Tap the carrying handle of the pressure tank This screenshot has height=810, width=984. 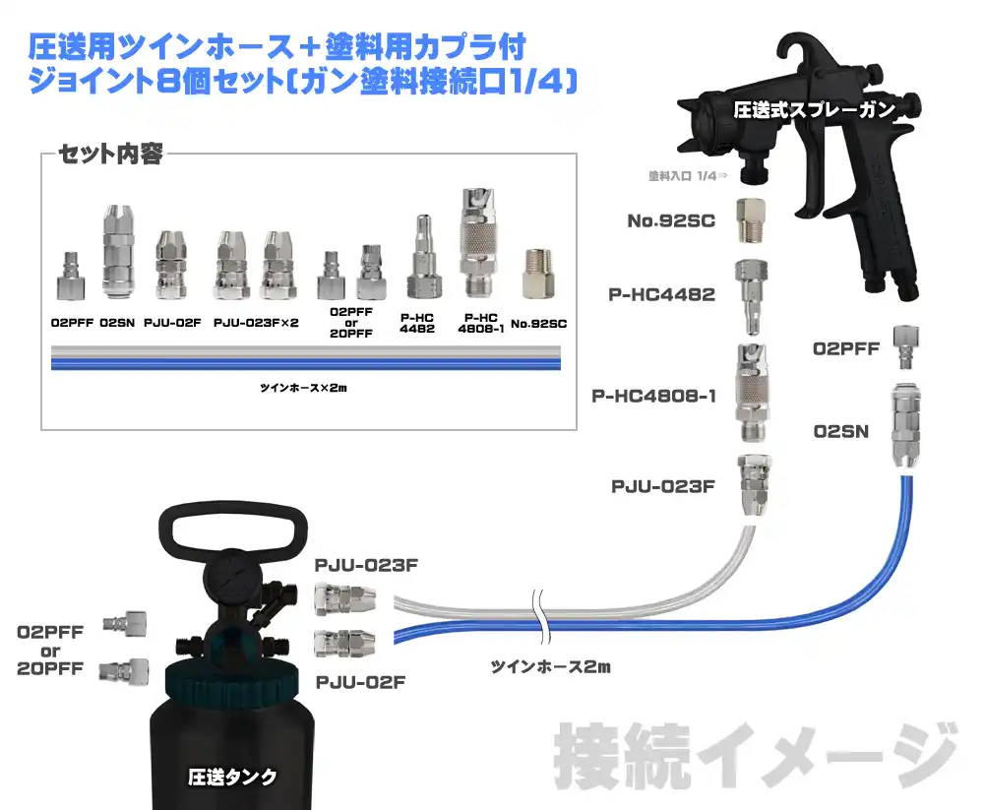[x=233, y=510]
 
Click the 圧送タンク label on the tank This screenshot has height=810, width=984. [x=232, y=777]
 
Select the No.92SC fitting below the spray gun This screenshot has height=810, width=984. [x=751, y=220]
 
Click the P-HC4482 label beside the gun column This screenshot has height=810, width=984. [x=661, y=294]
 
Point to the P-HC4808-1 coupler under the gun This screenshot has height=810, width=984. [x=752, y=392]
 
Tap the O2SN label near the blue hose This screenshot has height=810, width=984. [x=841, y=431]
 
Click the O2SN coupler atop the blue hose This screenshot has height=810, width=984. [x=905, y=426]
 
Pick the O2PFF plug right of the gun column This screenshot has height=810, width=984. [x=905, y=347]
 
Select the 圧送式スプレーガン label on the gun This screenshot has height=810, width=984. [x=815, y=110]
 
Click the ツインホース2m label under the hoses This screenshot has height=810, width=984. [x=550, y=666]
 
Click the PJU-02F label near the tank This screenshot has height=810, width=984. [x=360, y=682]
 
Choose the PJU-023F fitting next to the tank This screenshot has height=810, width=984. [x=345, y=598]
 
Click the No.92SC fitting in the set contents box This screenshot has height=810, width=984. [x=538, y=274]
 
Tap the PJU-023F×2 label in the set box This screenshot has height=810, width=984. [x=256, y=323]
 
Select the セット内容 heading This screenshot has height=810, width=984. [x=110, y=154]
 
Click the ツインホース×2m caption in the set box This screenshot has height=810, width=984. [x=304, y=388]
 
